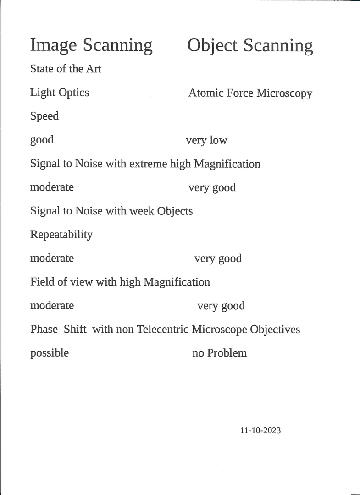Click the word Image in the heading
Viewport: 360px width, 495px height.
(x=53, y=46)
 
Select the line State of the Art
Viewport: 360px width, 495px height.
(x=66, y=69)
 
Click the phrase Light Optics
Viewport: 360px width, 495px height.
(x=60, y=93)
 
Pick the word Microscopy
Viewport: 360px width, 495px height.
(x=284, y=93)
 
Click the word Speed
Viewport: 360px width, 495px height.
(x=44, y=116)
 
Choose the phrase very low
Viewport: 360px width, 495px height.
(x=206, y=140)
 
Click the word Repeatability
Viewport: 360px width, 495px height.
(x=61, y=235)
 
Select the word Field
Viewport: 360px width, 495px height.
(x=42, y=282)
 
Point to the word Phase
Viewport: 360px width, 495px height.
(x=44, y=329)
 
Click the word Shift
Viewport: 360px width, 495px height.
(x=75, y=329)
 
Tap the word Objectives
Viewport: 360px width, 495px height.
(x=275, y=330)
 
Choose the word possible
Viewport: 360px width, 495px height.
(x=50, y=353)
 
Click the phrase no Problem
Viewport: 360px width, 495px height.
(x=219, y=353)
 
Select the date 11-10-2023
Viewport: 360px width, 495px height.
(x=260, y=430)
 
